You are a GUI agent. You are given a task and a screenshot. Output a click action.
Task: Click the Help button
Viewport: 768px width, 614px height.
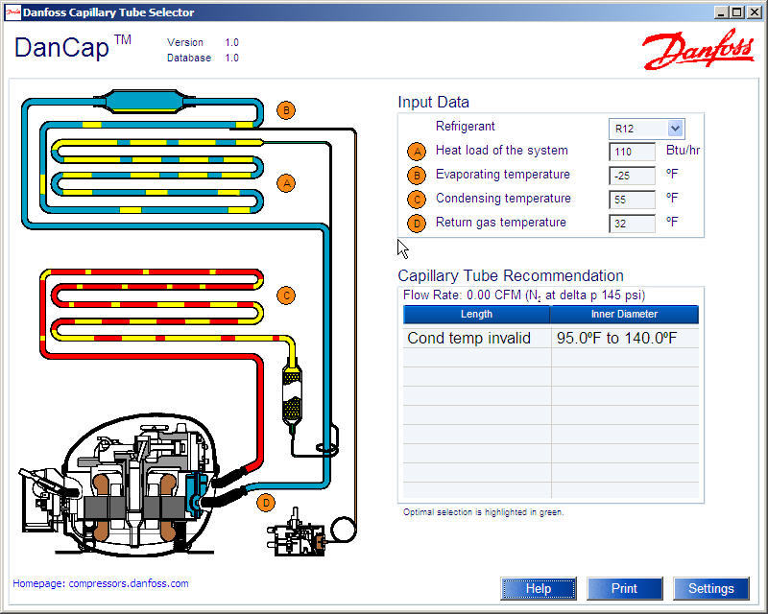[x=539, y=588]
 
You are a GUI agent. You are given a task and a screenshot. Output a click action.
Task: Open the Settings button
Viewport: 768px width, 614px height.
[x=711, y=588]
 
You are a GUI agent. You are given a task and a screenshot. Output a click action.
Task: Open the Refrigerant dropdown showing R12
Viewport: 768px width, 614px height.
[x=646, y=129]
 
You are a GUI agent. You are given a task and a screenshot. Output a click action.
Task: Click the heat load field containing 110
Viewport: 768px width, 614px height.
[x=632, y=152]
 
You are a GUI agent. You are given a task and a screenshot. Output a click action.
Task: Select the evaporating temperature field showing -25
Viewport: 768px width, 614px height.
[x=632, y=176]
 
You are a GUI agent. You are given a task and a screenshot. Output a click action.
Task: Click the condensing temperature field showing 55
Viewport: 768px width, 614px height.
[x=632, y=200]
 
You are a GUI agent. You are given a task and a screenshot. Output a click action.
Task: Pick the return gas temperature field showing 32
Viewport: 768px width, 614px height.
[x=632, y=224]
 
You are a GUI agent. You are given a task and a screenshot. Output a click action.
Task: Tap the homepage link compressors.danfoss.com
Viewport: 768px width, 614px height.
[x=101, y=583]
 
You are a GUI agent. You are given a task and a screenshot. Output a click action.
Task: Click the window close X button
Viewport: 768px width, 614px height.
[x=755, y=12]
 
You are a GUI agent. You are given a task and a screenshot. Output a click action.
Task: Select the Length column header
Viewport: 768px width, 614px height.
[x=476, y=315]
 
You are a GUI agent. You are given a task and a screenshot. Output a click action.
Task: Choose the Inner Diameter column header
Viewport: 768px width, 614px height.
[x=624, y=315]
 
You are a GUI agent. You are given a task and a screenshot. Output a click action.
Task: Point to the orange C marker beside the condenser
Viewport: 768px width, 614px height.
[x=285, y=295]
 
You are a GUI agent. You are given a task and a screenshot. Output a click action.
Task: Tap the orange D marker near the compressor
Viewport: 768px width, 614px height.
[x=267, y=502]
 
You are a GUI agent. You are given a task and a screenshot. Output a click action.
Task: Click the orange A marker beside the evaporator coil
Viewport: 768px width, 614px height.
[x=285, y=182]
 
